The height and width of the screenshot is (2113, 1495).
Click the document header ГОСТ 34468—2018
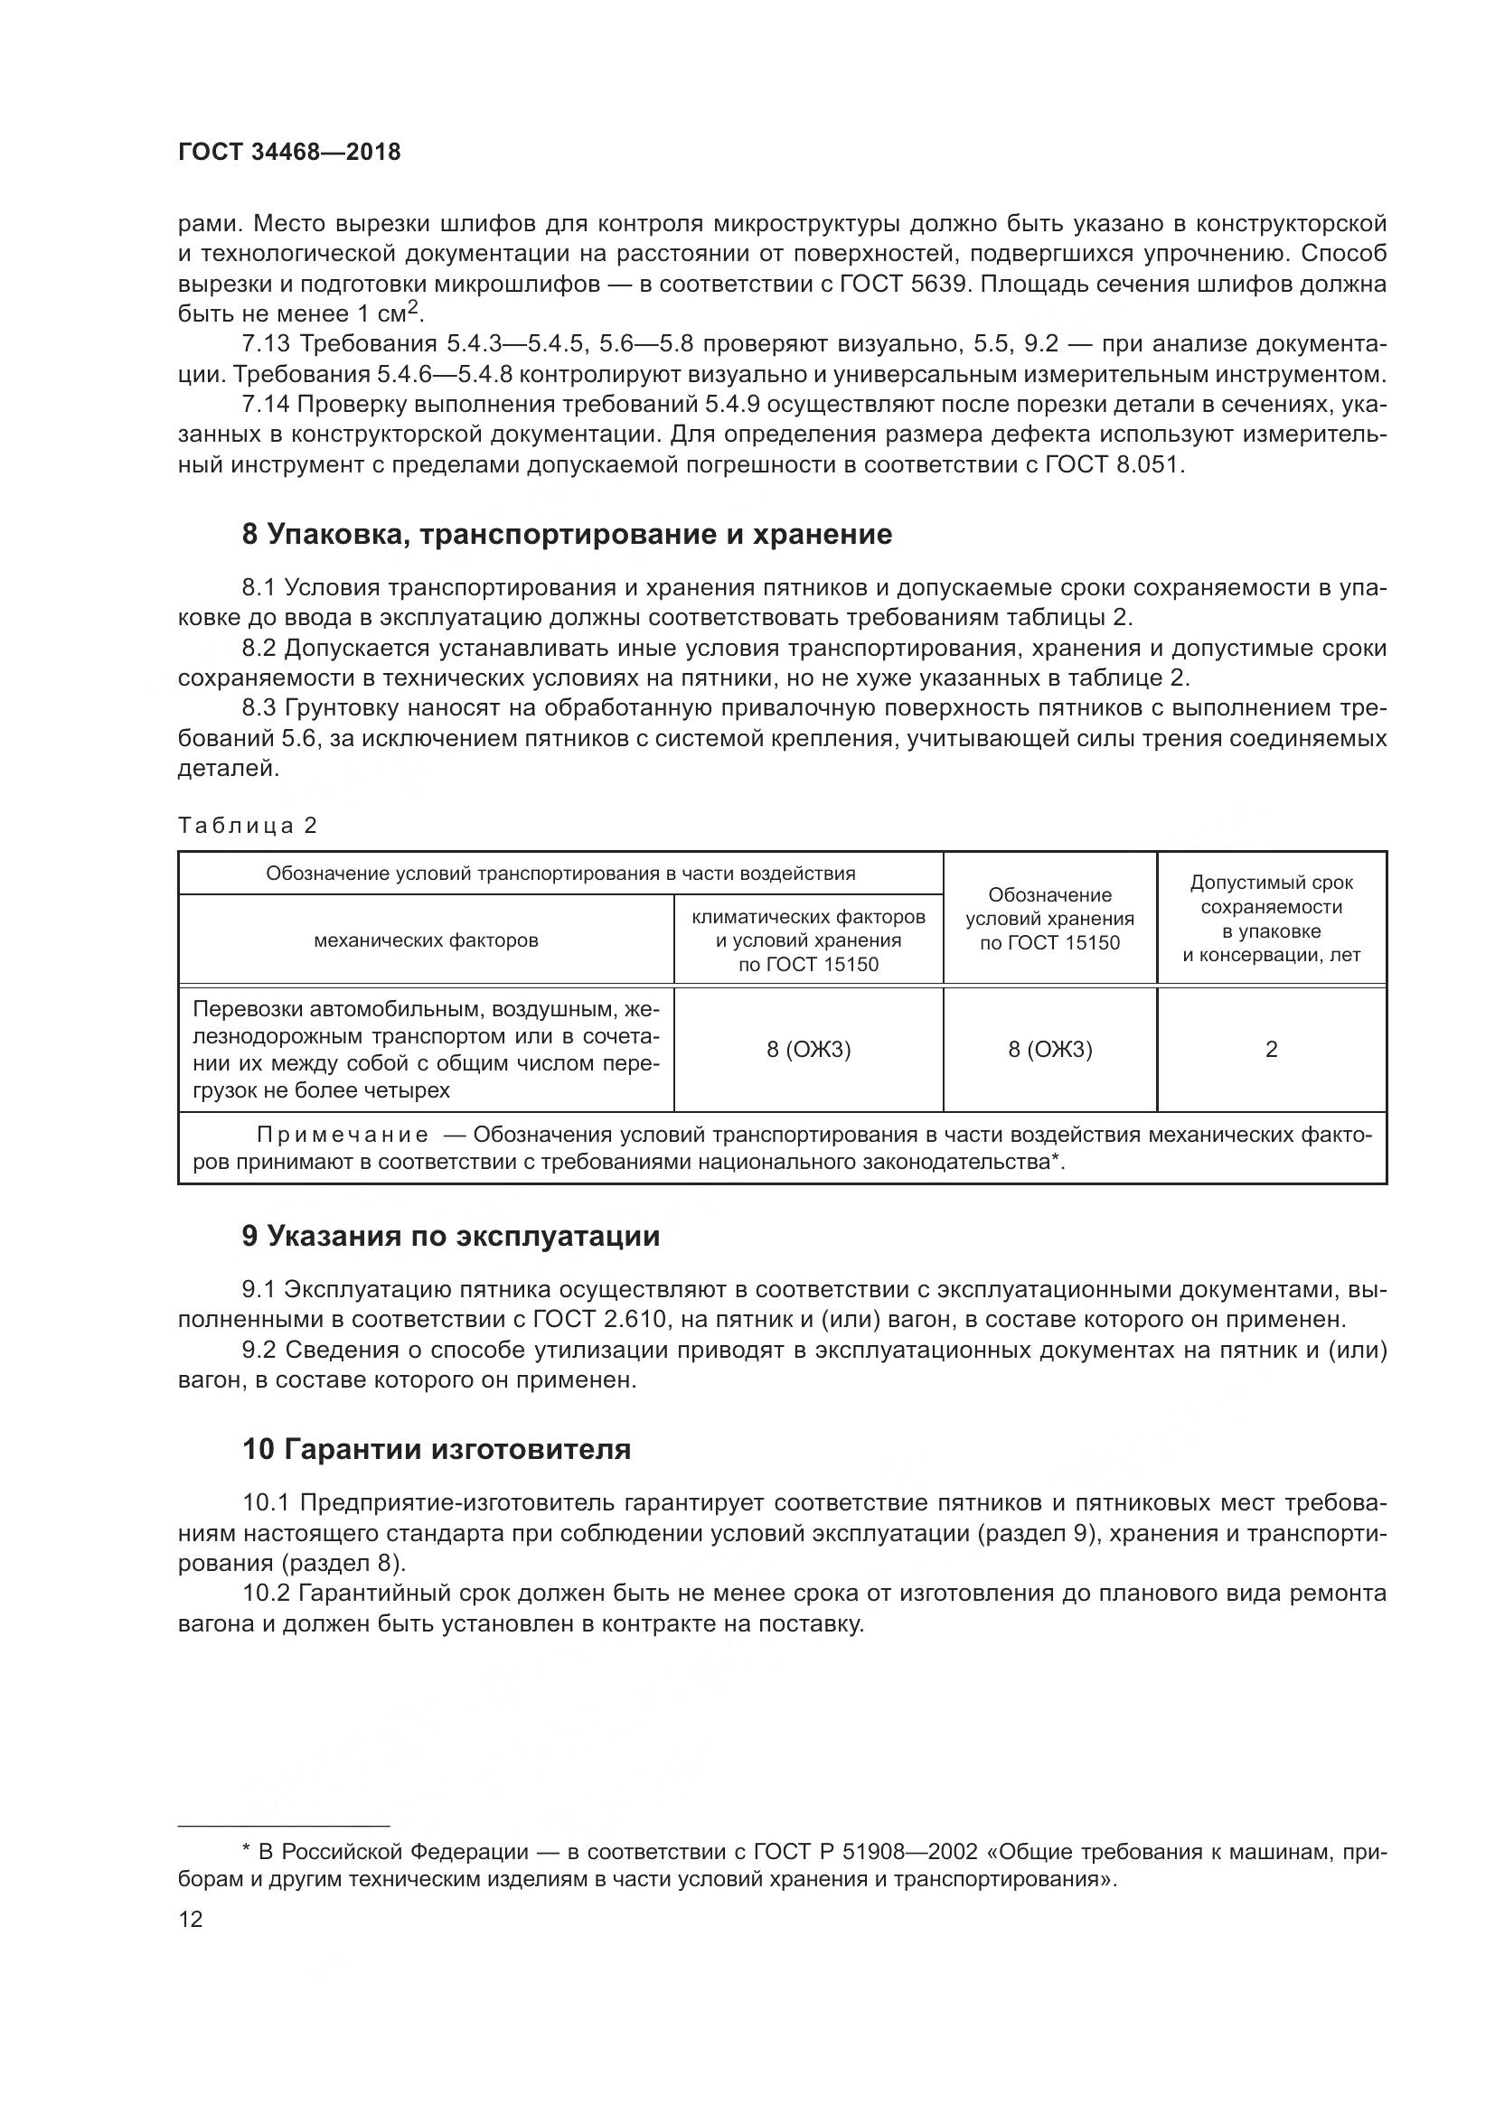[289, 153]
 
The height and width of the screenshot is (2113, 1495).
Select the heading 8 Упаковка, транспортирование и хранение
[566, 535]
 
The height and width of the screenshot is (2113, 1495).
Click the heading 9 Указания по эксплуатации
[451, 1236]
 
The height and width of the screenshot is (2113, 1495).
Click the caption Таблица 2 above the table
[248, 826]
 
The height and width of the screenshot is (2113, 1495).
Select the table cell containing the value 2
[1272, 1049]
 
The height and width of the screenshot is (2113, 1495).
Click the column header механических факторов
[427, 940]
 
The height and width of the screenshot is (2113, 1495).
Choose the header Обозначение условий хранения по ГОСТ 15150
[1049, 919]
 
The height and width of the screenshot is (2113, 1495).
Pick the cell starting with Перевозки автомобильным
[427, 1049]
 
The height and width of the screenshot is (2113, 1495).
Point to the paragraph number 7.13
[266, 344]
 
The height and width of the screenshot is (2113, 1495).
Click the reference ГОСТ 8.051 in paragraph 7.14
[1112, 464]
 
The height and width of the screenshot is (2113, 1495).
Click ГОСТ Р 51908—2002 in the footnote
[865, 1852]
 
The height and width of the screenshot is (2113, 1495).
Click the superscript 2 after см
[414, 307]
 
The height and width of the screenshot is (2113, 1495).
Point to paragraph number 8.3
[259, 708]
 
